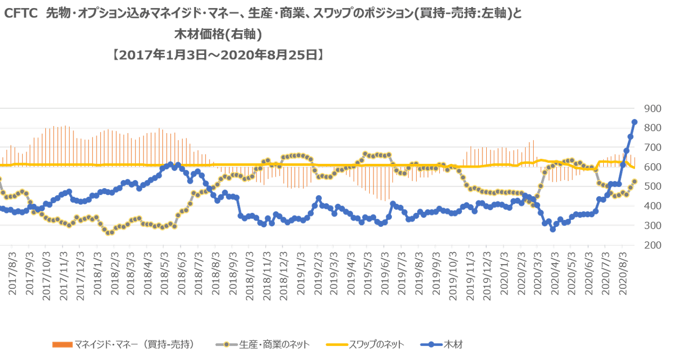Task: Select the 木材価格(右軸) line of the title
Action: tap(218, 35)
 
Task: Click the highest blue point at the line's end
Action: tap(634, 122)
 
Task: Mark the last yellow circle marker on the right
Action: tap(634, 182)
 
